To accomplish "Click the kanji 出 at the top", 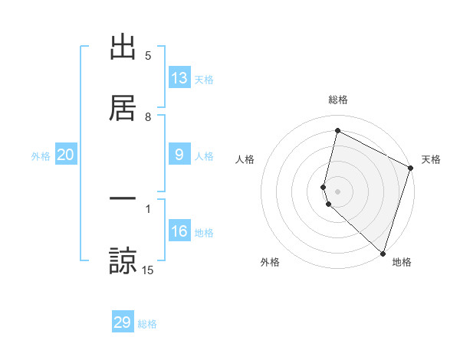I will (x=123, y=47).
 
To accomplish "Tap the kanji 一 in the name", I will (x=123, y=200).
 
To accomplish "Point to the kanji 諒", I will (x=123, y=260).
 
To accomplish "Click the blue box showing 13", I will (x=179, y=78).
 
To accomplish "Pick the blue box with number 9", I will (x=179, y=155).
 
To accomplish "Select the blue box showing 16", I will (x=179, y=231).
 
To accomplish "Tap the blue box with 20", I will (x=66, y=155).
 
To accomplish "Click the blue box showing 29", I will (x=123, y=322).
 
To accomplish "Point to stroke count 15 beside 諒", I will (x=149, y=270).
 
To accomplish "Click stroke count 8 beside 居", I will (x=149, y=116).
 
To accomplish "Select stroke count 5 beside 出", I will (x=149, y=56).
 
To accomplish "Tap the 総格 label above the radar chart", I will (x=338, y=100).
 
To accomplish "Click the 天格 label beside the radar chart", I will (x=431, y=159).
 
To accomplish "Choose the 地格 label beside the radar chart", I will (x=402, y=262).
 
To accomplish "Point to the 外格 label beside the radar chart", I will (x=270, y=262).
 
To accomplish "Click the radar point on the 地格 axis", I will (x=383, y=253).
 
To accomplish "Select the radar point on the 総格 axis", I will (x=337, y=131).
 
